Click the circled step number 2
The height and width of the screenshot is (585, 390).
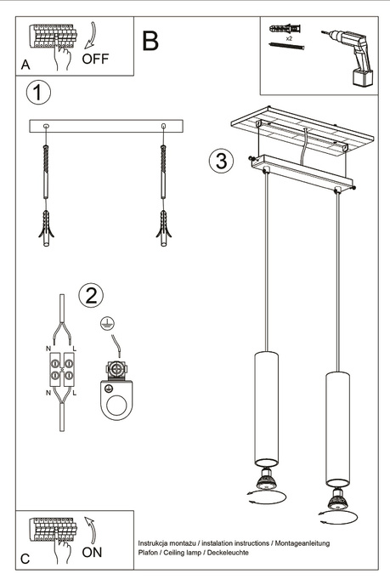[91, 295]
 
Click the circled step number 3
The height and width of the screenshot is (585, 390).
[220, 162]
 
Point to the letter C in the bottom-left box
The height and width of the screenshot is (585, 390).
[25, 559]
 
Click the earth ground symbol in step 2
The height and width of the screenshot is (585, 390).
[107, 323]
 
